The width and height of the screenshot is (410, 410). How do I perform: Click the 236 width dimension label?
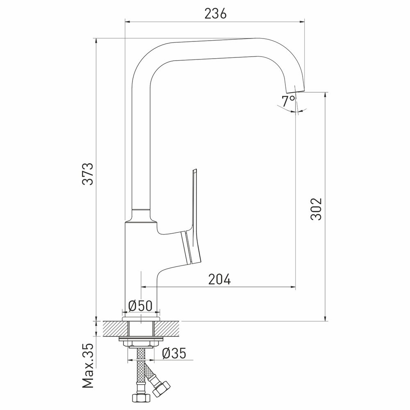[x=215, y=14]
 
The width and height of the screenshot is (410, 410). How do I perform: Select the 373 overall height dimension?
[x=88, y=174]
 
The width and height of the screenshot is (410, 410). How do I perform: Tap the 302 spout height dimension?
[x=316, y=209]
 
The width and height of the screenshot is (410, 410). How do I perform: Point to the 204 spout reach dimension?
[x=219, y=279]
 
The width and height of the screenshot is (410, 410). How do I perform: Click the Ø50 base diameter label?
[x=140, y=305]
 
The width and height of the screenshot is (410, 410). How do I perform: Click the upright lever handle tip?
[x=194, y=171]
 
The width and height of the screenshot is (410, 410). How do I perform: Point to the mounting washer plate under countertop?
[x=141, y=339]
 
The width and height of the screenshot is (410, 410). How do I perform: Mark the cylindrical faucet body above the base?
[x=139, y=266]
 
